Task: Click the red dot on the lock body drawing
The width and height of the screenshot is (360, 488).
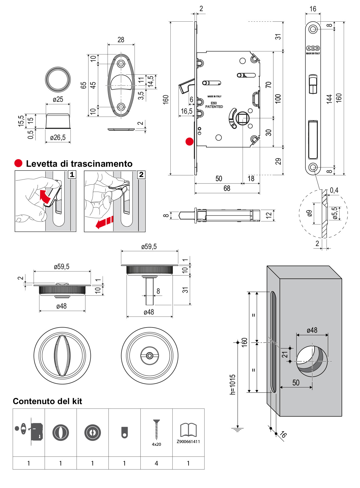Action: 189,141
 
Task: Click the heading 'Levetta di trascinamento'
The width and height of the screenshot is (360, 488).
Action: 79,164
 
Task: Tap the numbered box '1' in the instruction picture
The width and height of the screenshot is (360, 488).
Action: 72,175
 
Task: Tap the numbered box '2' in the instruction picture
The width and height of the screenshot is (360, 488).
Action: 141,175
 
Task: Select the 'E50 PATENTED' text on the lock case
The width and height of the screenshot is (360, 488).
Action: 214,105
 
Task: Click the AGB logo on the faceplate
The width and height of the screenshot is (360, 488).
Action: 313,48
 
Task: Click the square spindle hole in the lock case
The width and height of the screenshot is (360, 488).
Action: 242,118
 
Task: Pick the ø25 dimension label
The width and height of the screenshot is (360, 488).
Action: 58,99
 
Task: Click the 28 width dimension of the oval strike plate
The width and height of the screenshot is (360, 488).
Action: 121,40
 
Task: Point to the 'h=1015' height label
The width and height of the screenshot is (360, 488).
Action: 233,384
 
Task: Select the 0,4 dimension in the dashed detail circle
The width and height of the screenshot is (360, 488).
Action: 334,190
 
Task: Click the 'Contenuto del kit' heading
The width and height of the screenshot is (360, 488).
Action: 47,401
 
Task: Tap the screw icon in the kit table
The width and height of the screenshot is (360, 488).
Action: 156,430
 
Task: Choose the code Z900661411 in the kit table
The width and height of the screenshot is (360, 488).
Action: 188,441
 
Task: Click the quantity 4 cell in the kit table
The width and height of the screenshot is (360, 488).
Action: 156,463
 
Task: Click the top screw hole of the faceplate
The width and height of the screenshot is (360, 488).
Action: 313,29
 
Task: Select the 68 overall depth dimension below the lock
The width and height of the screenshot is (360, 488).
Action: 227,188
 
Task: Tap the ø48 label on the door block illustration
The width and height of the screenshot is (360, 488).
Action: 312,330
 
